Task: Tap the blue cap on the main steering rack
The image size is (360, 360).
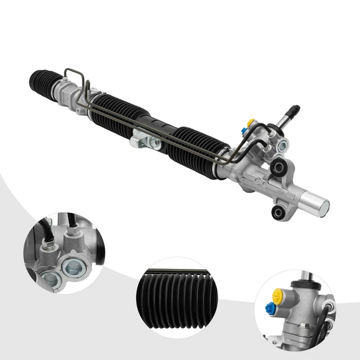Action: coord(243,130)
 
